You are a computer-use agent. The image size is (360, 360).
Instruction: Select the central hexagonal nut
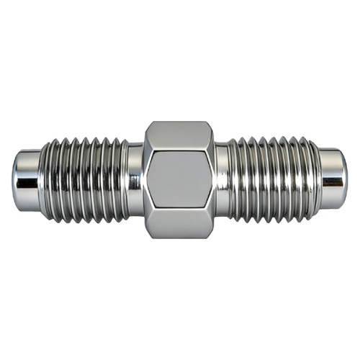coord(179,179)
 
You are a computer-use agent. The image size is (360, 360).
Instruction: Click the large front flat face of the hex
coord(179,181)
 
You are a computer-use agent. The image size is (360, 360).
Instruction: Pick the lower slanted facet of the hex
coord(179,225)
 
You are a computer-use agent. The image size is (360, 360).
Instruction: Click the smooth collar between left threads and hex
coord(135,179)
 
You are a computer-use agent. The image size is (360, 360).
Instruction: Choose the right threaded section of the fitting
coord(274,179)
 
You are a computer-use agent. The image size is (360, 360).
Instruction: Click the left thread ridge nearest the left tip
coord(46,179)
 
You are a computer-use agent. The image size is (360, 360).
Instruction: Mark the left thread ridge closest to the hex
coord(122,179)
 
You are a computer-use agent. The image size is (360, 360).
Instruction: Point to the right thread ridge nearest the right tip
coord(312,179)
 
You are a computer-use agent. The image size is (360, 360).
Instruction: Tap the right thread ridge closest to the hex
coord(235,179)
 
